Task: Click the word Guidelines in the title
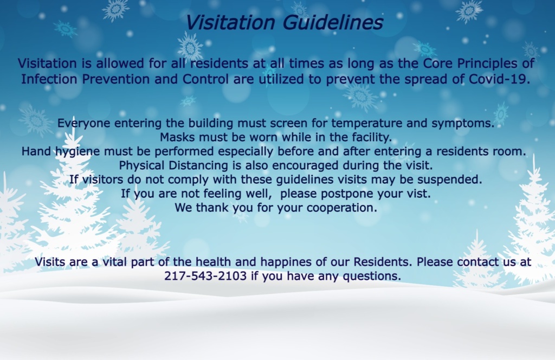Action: pos(333,23)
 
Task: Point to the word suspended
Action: pos(449,180)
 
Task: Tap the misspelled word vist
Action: pos(418,194)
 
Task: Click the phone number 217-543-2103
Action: pos(205,276)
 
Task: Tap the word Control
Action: pos(205,79)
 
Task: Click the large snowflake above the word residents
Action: pos(190,47)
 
